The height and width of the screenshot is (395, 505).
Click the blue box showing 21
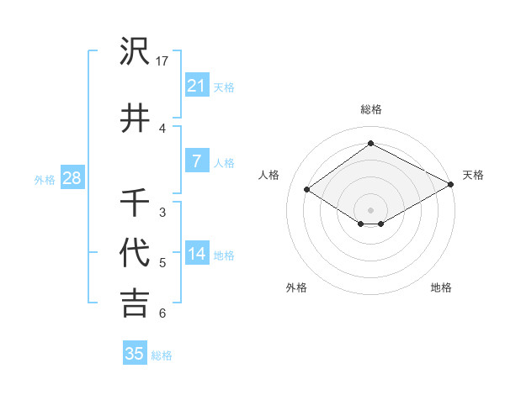tap(196, 86)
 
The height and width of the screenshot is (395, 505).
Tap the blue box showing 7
tap(196, 161)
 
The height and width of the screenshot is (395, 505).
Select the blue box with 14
tap(196, 254)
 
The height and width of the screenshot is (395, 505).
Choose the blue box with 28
tap(72, 178)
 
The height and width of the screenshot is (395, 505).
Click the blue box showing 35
tap(135, 354)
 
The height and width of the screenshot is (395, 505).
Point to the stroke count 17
tap(163, 61)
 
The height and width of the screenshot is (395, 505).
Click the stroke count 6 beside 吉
tap(162, 313)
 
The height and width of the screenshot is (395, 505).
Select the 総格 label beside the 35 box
tap(162, 355)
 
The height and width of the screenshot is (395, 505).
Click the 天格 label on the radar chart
tap(473, 175)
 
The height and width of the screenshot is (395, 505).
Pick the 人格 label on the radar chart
tap(270, 175)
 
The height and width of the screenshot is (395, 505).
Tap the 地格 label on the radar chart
tap(441, 287)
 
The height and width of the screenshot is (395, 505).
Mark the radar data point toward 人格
tap(307, 190)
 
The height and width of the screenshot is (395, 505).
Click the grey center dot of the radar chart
tap(370, 209)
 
